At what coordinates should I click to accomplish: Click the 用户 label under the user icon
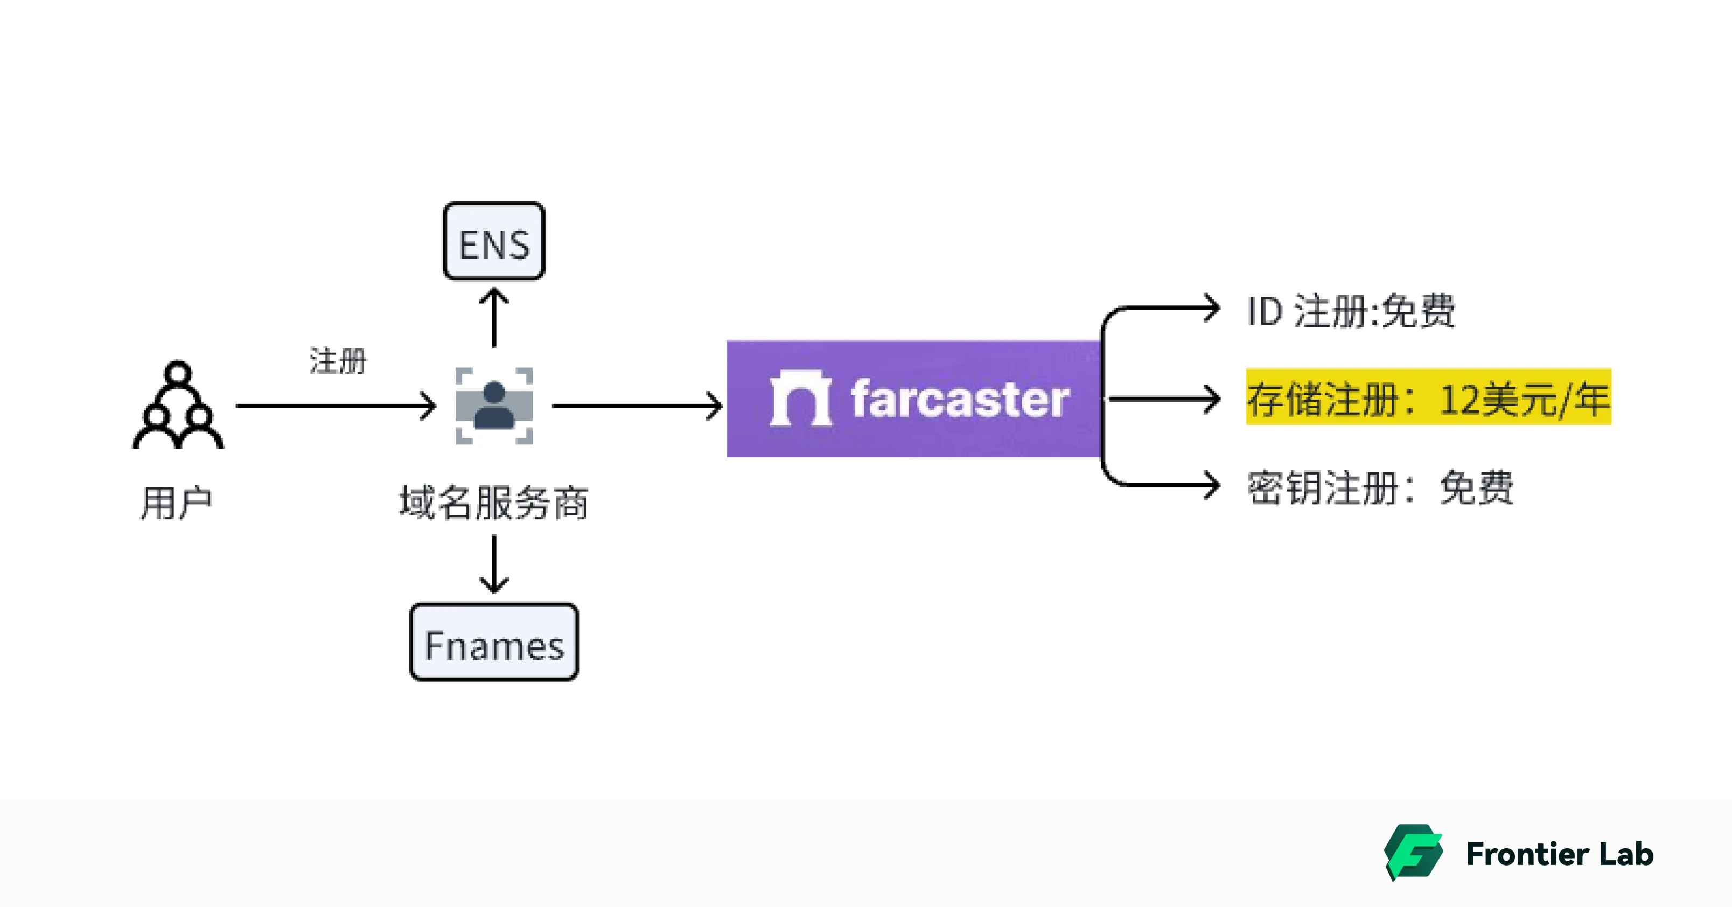point(176,503)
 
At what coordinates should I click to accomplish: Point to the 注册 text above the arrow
point(338,361)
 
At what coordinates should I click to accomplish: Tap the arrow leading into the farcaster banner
point(636,406)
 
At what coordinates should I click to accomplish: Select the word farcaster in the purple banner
point(960,400)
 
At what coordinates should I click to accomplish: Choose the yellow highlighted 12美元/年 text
point(1428,398)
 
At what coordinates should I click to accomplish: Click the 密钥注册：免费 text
point(1380,487)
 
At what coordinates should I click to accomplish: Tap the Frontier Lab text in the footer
point(1559,854)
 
